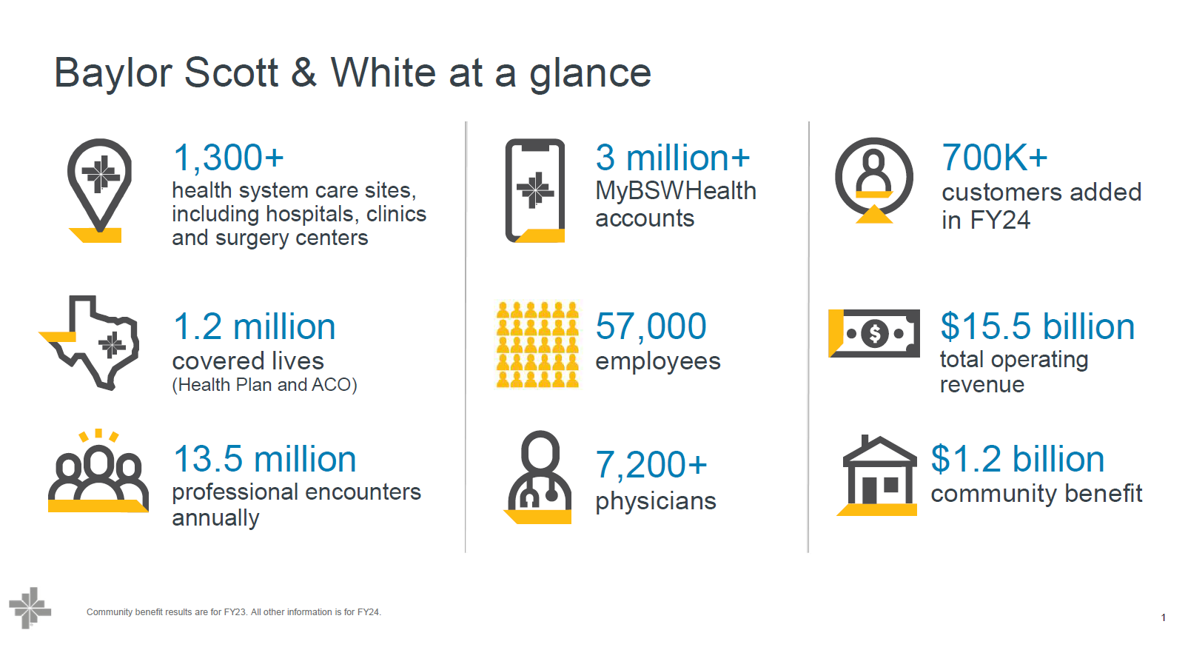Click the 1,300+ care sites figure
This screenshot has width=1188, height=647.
pyautogui.click(x=229, y=158)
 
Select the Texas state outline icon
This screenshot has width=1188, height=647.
pyautogui.click(x=90, y=343)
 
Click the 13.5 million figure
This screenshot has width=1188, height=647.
pyautogui.click(x=265, y=459)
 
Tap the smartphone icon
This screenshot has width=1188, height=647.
pyautogui.click(x=534, y=190)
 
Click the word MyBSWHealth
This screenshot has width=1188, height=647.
pyautogui.click(x=676, y=191)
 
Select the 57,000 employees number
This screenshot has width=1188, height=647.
pyautogui.click(x=651, y=326)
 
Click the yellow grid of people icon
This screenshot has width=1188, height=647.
pyautogui.click(x=537, y=344)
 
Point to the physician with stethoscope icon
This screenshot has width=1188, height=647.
pyautogui.click(x=538, y=477)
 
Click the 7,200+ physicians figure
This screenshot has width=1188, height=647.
pyautogui.click(x=651, y=465)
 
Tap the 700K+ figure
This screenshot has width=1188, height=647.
pyautogui.click(x=994, y=158)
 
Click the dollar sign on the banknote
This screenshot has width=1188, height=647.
pyautogui.click(x=875, y=334)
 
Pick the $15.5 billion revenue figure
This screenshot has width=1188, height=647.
pyautogui.click(x=1038, y=326)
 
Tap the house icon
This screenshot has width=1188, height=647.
pyautogui.click(x=879, y=475)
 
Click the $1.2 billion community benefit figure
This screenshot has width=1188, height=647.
pyautogui.click(x=1018, y=459)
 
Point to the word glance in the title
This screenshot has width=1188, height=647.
pyautogui.click(x=590, y=74)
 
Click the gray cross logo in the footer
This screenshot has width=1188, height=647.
pyautogui.click(x=30, y=608)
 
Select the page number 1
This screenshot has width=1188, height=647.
pyautogui.click(x=1163, y=618)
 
